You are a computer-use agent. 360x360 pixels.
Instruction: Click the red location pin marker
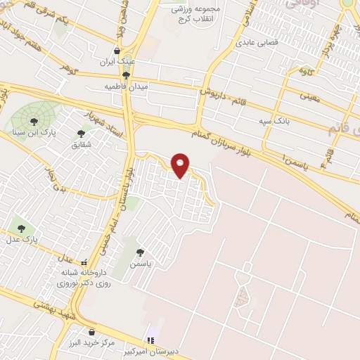point(181,166)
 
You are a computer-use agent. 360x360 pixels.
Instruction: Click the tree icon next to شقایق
point(82,132)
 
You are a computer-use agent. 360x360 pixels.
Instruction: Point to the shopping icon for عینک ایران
point(117,51)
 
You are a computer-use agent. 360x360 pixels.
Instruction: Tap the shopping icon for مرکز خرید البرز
point(90,331)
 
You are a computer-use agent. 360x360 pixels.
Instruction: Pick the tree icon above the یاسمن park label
point(140,252)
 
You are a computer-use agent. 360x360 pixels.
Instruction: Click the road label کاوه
point(305,71)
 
